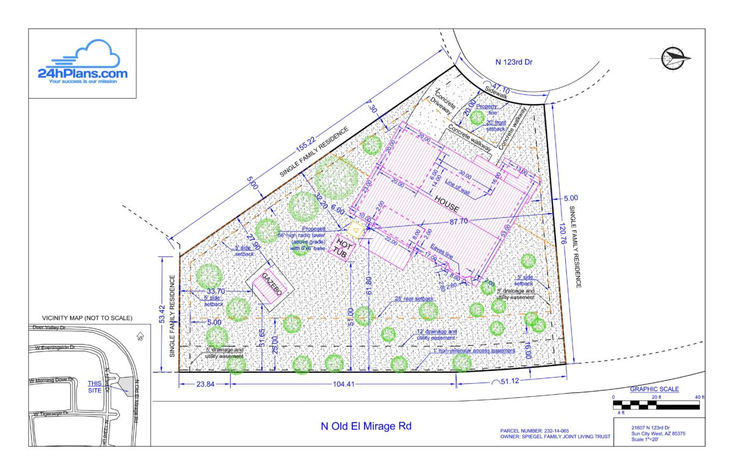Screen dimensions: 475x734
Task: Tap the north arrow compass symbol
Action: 675,58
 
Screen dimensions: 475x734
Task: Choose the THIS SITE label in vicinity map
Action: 95,386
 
